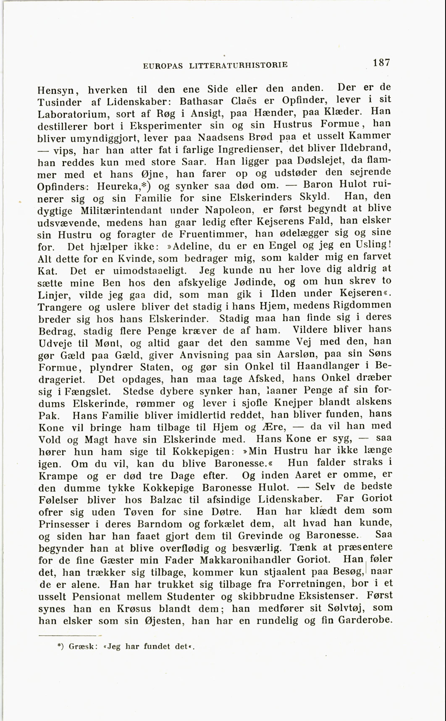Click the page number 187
381,63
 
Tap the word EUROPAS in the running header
163,66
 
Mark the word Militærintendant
121,211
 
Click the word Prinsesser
64,524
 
